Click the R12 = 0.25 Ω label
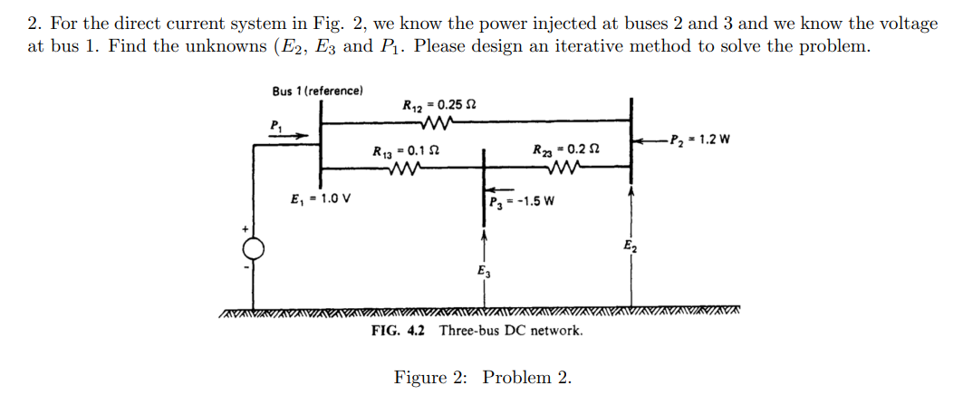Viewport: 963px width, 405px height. pyautogui.click(x=439, y=105)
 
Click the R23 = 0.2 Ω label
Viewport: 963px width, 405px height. pyautogui.click(x=565, y=149)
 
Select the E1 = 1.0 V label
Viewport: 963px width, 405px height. pyautogui.click(x=321, y=200)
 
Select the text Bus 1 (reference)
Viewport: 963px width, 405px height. pyautogui.click(x=317, y=91)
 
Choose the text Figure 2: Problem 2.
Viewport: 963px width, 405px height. pyautogui.click(x=482, y=377)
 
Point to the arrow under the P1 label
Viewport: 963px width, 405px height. pyautogui.click(x=291, y=137)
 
